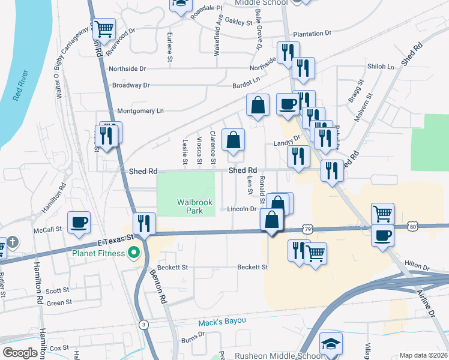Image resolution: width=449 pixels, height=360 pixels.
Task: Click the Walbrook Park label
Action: [195, 207]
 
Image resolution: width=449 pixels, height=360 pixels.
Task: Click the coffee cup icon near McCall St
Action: [79, 223]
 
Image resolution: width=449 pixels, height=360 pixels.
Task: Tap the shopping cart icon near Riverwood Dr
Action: [104, 28]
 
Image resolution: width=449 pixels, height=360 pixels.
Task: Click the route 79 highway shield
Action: [307, 229]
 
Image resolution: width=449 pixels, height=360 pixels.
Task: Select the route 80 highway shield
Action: [412, 226]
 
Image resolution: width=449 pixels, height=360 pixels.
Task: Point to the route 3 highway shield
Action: [143, 325]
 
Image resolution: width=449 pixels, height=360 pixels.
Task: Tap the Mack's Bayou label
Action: [223, 321]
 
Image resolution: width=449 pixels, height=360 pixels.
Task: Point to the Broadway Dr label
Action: [130, 85]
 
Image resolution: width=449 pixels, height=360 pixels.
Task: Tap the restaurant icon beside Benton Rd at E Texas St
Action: [144, 224]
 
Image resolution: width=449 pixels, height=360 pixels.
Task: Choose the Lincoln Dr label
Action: [242, 209]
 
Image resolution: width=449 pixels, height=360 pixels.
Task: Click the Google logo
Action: [19, 353]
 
